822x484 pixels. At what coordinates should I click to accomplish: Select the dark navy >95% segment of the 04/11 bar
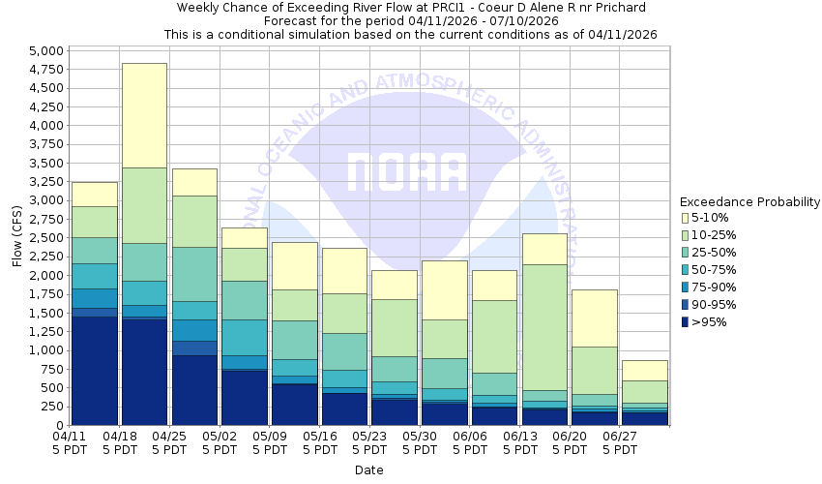95,370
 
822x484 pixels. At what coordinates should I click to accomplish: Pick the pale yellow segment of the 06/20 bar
594,318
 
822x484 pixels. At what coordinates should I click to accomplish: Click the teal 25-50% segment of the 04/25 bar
194,274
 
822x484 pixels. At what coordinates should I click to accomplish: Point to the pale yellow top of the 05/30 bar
444,289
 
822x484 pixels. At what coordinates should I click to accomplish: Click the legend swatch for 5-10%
687,218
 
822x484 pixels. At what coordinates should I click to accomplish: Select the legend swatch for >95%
687,322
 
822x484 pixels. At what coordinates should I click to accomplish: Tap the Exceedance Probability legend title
749,202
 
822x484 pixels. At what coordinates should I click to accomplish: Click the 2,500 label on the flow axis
45,238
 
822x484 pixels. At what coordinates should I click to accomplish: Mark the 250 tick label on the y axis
54,407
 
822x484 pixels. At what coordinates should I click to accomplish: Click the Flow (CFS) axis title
15,238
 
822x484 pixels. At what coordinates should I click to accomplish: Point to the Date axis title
368,470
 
